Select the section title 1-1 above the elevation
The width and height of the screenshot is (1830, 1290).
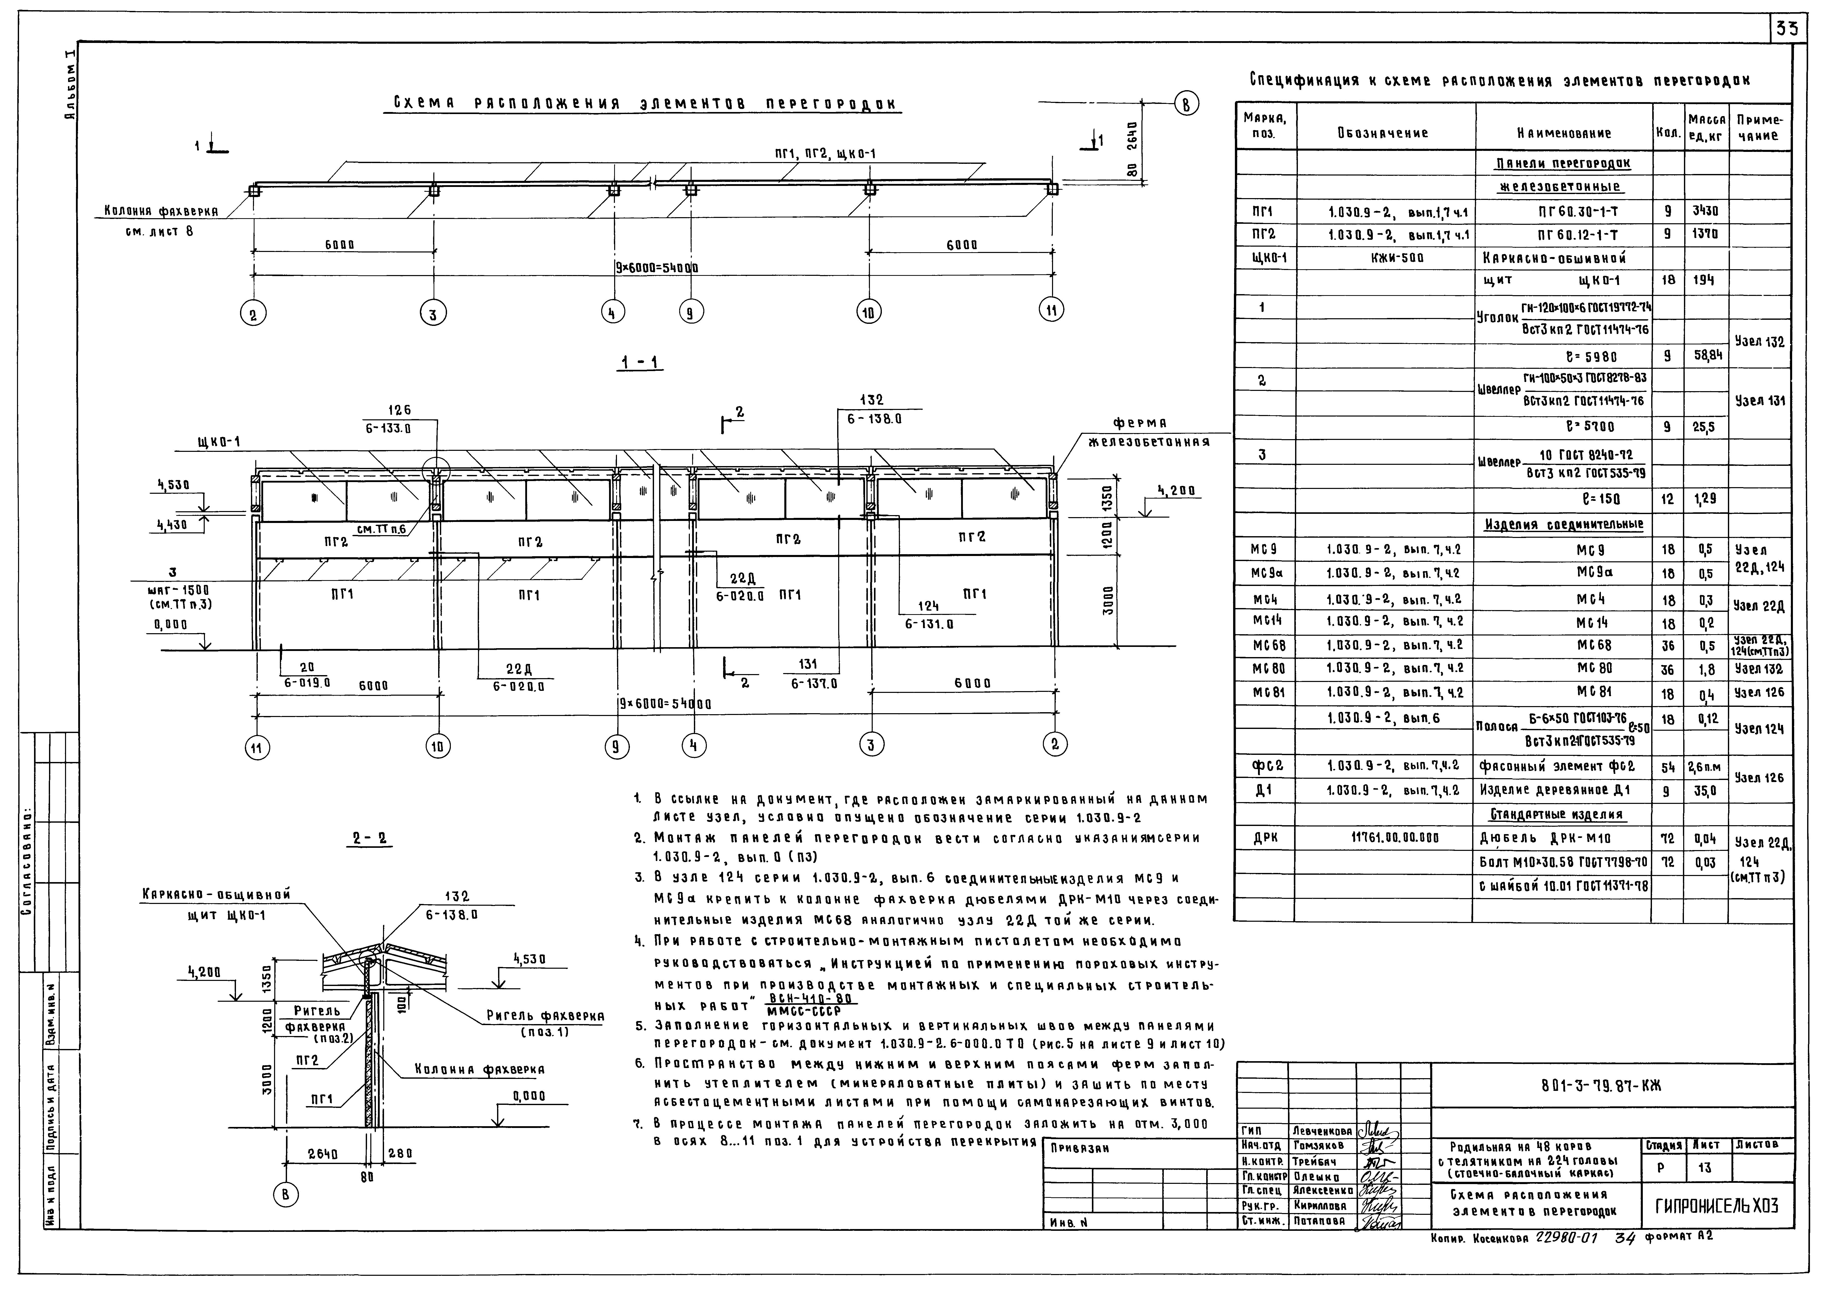click(x=642, y=363)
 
